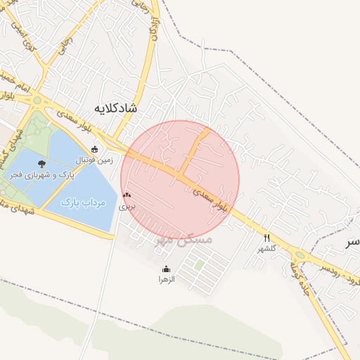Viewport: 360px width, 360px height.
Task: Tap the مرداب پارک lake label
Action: pyautogui.click(x=83, y=202)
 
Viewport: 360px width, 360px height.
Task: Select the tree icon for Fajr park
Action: pyautogui.click(x=43, y=163)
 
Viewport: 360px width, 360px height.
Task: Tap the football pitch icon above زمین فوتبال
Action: pyautogui.click(x=95, y=149)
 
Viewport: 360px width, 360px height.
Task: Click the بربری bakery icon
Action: pyautogui.click(x=127, y=195)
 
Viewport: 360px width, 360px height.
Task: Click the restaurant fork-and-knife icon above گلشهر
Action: pyautogui.click(x=266, y=238)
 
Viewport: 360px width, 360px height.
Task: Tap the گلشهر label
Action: pyautogui.click(x=267, y=248)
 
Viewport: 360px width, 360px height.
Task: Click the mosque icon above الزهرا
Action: pyautogui.click(x=166, y=269)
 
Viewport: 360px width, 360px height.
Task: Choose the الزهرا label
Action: pyautogui.click(x=166, y=279)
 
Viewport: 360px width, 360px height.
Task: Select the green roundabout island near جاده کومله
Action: pyautogui.click(x=300, y=255)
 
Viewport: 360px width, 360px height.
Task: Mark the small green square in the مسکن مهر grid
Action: pyautogui.click(x=200, y=265)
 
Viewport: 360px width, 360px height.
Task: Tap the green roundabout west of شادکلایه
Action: pyautogui.click(x=37, y=101)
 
